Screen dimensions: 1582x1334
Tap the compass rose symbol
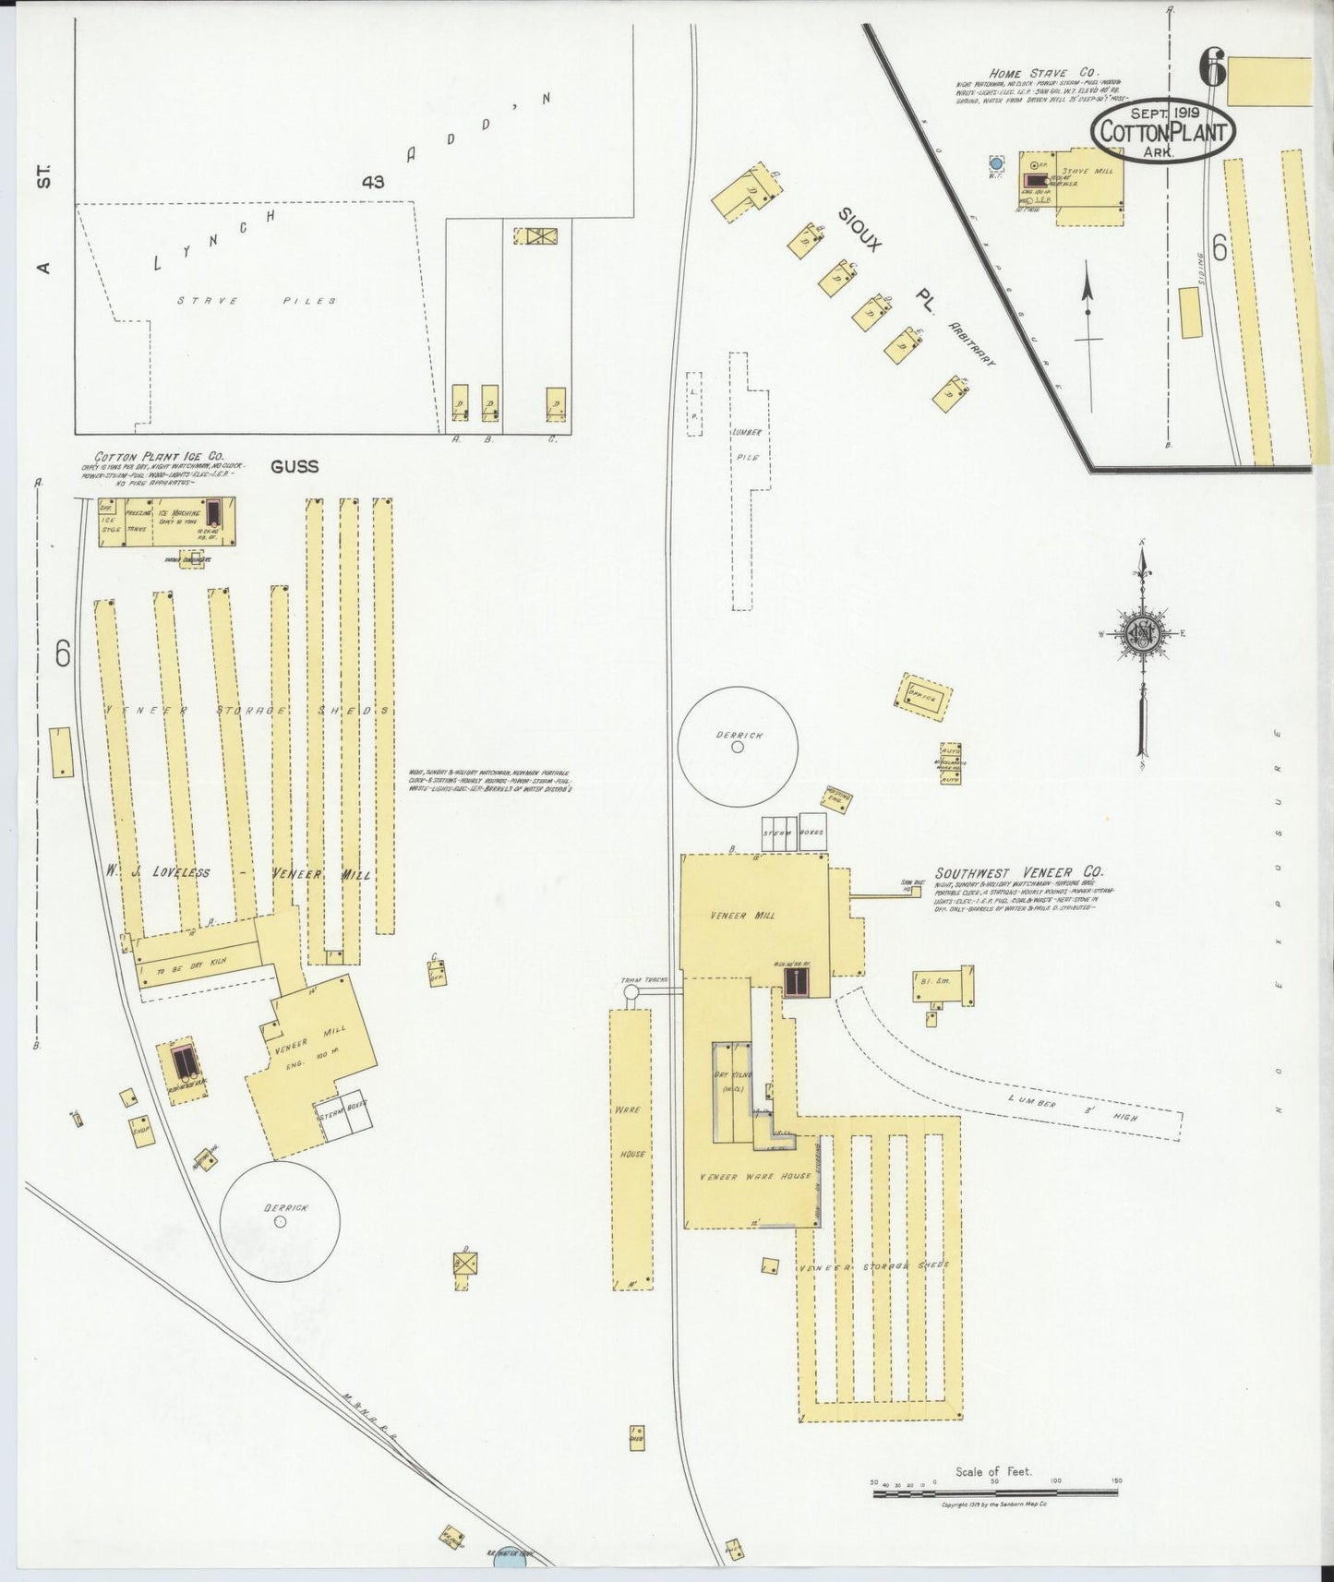pos(1143,633)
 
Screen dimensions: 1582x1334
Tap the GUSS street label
pos(294,466)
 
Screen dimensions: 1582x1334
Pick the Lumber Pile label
pos(745,444)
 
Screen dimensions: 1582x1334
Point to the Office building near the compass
pos(922,697)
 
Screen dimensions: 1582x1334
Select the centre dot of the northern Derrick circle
pos(737,748)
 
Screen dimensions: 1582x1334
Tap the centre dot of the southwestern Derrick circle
pos(280,1221)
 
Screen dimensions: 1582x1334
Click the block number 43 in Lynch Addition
pos(373,183)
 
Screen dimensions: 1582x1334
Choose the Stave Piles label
pos(258,301)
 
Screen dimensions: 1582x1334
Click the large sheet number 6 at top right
pos(1211,68)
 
